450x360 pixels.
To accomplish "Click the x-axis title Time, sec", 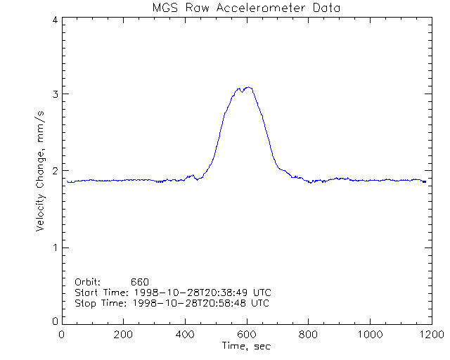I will coord(245,346).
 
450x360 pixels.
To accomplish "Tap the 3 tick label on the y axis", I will coord(55,95).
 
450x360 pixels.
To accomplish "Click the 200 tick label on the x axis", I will coord(124,335).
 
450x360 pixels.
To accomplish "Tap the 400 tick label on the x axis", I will coord(185,335).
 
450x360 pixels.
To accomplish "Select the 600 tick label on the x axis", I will coord(247,335).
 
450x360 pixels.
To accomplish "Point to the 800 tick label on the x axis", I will coord(308,335).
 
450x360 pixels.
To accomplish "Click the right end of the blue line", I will coord(425,182).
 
